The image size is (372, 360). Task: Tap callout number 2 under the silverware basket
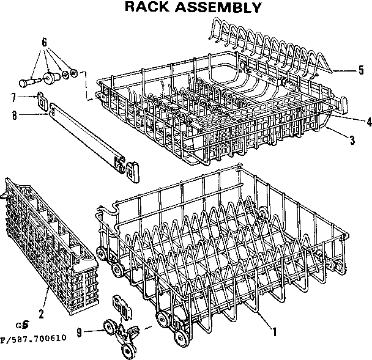(x=41, y=314)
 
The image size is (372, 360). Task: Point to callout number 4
(x=369, y=121)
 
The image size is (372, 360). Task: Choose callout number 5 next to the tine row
(x=362, y=68)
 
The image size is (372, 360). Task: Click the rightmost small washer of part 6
(x=74, y=73)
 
